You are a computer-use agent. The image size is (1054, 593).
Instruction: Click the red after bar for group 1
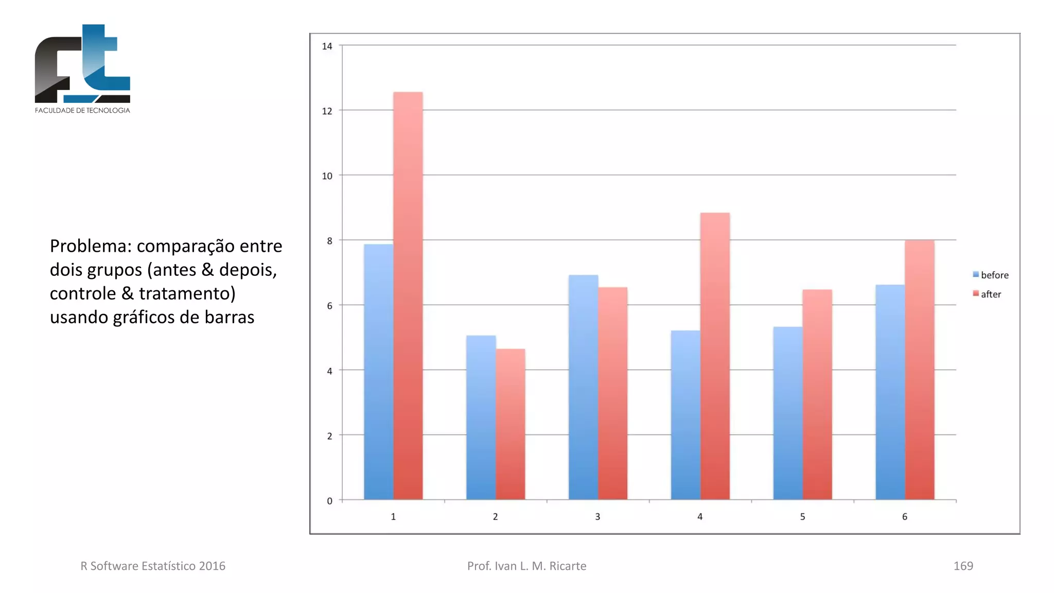408,296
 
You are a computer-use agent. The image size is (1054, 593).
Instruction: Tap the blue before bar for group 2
481,417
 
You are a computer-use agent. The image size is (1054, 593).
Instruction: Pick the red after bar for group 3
612,393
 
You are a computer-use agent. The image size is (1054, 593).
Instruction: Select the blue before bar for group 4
686,415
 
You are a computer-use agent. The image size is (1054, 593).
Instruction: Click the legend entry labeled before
991,275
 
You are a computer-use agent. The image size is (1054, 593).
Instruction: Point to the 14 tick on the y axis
327,46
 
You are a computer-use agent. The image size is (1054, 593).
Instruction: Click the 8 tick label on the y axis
329,241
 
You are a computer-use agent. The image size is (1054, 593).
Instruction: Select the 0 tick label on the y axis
329,501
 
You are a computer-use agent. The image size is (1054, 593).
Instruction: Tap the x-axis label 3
598,516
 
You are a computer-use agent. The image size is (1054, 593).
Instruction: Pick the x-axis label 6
904,516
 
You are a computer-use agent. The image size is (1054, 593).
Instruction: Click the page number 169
963,566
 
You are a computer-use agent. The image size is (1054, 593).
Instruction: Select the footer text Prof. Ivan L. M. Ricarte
526,566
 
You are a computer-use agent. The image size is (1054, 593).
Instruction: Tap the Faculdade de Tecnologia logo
82,68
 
